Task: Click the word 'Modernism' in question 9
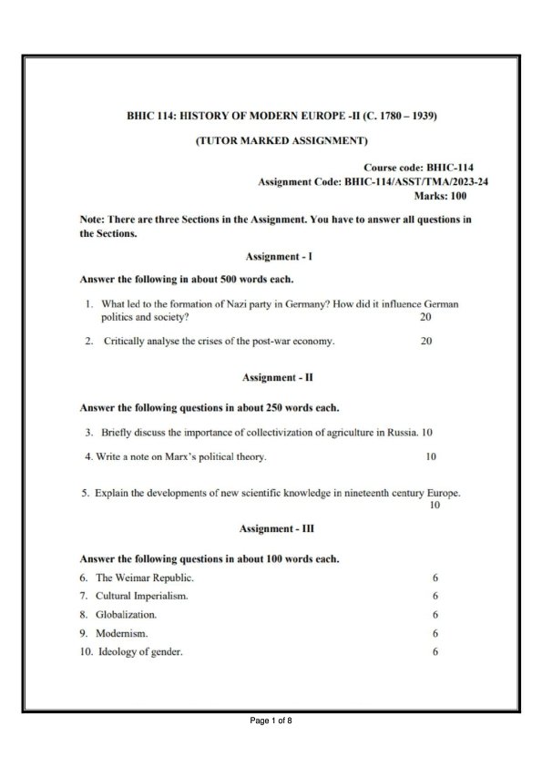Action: click(121, 632)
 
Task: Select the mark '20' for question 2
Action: click(426, 343)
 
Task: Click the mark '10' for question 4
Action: click(431, 456)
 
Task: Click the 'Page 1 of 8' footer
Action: click(271, 721)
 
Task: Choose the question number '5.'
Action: click(85, 494)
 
